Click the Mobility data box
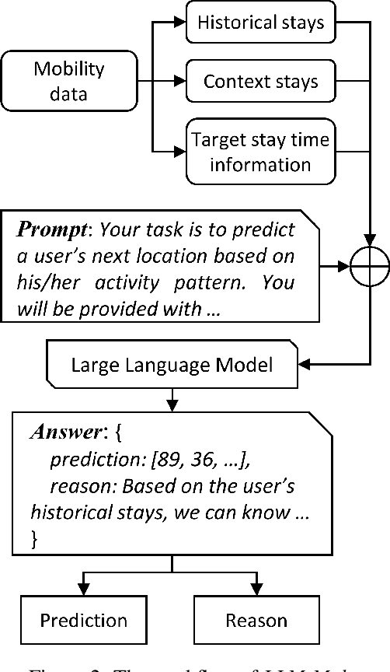[x=68, y=80]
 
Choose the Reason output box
[x=256, y=620]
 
